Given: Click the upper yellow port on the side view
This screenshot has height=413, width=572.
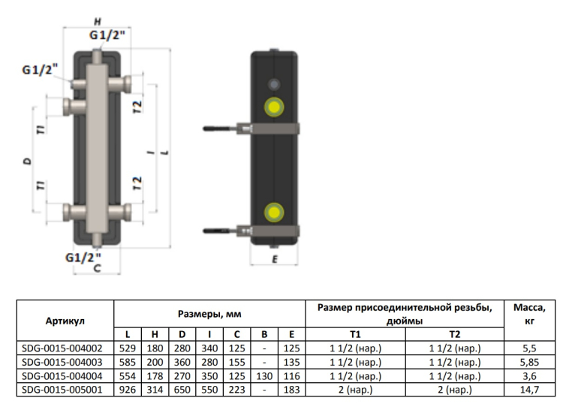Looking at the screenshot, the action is pyautogui.click(x=274, y=107).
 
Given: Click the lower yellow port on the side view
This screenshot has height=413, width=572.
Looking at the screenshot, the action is pyautogui.click(x=274, y=213).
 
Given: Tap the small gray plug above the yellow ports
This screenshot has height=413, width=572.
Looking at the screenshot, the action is pyautogui.click(x=274, y=85).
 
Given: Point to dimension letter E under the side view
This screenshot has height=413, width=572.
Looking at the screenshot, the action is pyautogui.click(x=275, y=259).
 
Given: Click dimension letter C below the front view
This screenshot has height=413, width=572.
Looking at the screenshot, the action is pyautogui.click(x=97, y=269).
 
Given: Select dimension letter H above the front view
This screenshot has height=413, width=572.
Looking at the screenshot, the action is pyautogui.click(x=98, y=22).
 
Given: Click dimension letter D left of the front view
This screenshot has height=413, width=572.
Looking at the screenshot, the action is pyautogui.click(x=28, y=161).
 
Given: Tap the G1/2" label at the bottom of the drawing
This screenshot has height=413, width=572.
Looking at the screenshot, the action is pyautogui.click(x=83, y=258).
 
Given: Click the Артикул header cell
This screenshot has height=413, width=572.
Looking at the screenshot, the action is pyautogui.click(x=65, y=321).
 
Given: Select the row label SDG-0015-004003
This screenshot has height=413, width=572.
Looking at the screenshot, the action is pyautogui.click(x=62, y=362).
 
